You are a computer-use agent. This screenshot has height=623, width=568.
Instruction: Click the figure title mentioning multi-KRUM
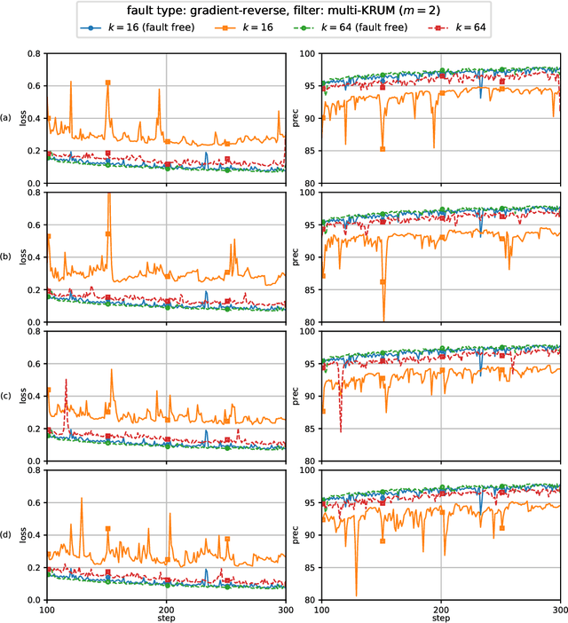point(284,12)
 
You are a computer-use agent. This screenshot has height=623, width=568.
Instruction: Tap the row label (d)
point(8,534)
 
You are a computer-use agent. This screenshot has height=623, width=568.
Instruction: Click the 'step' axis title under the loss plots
point(166,618)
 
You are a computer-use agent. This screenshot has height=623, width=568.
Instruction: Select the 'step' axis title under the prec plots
point(440,618)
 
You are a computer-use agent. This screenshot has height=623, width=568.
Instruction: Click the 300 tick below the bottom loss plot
point(285,608)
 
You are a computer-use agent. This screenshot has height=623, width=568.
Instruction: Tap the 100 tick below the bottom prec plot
point(321,608)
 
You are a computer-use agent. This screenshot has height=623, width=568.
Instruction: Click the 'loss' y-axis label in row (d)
point(32,534)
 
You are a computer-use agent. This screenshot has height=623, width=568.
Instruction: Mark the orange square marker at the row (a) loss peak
point(107,83)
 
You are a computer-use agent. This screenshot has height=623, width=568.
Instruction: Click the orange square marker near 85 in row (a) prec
point(383,149)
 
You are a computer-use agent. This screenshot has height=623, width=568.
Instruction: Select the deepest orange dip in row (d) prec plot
point(357,595)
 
